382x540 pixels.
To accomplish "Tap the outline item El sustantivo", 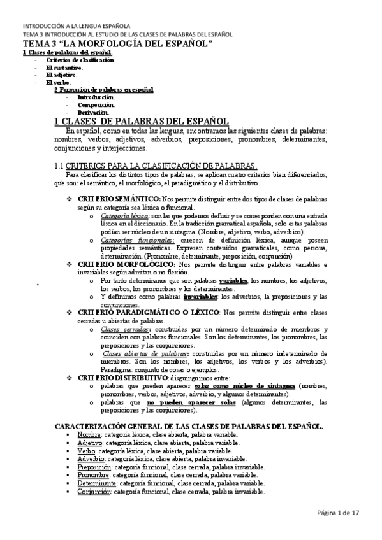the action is point(64,67).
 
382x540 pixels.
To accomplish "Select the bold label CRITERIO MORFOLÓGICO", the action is point(122,264).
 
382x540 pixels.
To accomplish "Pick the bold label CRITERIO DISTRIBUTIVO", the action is point(122,377).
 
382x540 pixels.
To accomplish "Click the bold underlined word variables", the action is point(233,280).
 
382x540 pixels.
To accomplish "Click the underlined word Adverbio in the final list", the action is point(91,458).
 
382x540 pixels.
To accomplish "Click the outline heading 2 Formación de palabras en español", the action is point(103,90).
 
